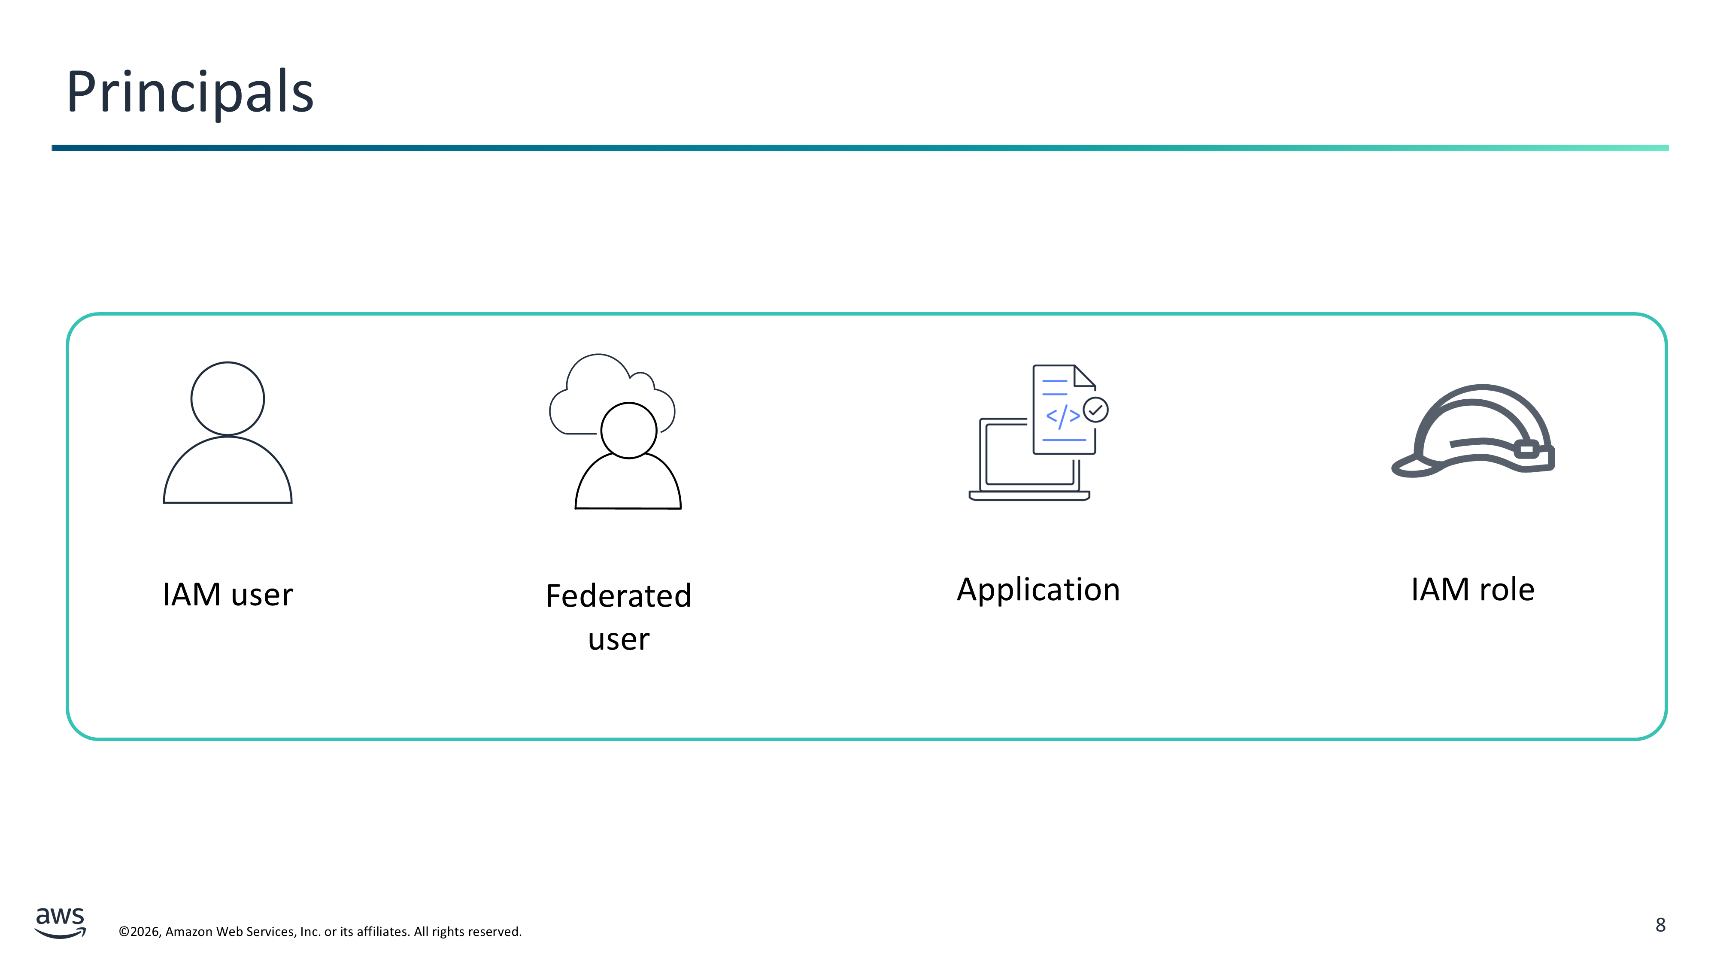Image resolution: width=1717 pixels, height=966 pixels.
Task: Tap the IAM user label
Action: tap(228, 594)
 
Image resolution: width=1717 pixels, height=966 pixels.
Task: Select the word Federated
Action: tap(619, 595)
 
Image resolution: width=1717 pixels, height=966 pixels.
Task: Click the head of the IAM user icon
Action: tap(228, 399)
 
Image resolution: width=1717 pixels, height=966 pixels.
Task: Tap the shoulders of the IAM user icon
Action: tap(228, 471)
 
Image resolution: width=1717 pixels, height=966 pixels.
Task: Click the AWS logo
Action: tap(60, 923)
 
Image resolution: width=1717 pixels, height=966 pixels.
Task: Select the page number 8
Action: tap(1660, 925)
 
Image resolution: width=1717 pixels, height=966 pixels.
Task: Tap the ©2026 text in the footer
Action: tap(140, 931)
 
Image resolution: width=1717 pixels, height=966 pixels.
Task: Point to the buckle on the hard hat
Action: tap(1527, 450)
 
